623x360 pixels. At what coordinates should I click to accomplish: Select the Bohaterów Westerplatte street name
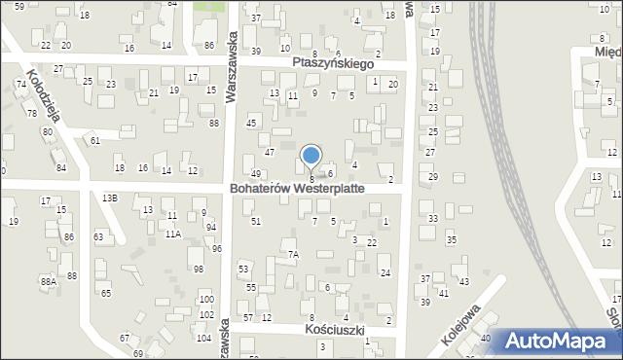(297, 188)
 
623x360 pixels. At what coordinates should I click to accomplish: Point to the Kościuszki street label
(334, 330)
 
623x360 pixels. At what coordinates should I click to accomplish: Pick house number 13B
(110, 198)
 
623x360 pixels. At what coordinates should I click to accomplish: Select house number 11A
(172, 234)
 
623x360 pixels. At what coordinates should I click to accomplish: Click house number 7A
(293, 254)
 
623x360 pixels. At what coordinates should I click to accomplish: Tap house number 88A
(48, 281)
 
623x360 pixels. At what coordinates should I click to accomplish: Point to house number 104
(203, 338)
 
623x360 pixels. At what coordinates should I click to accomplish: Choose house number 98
(198, 269)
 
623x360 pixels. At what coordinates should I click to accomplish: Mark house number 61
(95, 141)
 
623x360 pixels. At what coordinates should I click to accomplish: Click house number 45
(251, 123)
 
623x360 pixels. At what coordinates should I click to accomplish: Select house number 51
(256, 222)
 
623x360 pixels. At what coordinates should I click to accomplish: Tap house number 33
(433, 219)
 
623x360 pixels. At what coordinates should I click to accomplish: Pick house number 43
(463, 281)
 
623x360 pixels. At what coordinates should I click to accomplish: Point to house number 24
(385, 272)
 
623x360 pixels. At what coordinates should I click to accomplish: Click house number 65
(106, 293)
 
